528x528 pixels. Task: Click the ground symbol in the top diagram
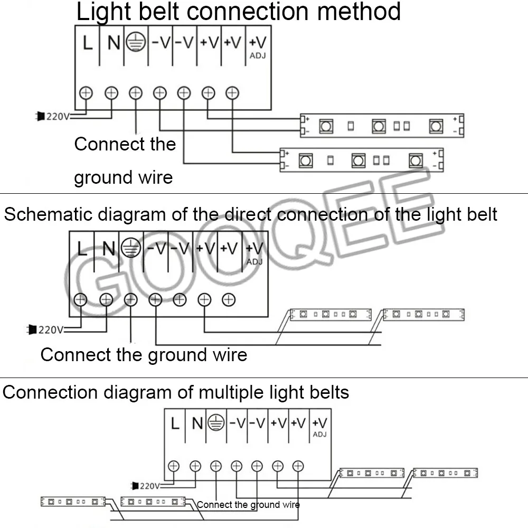[136, 42]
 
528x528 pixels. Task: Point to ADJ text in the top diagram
[257, 55]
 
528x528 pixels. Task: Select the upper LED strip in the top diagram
[382, 126]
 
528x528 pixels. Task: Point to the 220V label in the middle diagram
[48, 330]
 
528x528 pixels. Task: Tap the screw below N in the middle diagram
[106, 299]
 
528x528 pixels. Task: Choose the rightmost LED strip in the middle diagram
[423, 315]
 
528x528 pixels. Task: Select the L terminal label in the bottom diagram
[175, 423]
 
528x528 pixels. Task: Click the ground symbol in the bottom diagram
[215, 422]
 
